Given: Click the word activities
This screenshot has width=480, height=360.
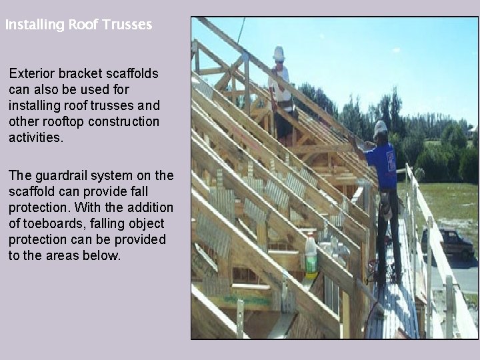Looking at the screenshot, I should [35, 137].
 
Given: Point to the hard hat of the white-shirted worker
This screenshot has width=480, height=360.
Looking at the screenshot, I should [279, 53].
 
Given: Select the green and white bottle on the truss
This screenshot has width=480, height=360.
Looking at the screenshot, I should [311, 257].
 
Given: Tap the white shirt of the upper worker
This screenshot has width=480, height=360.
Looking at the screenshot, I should [281, 83].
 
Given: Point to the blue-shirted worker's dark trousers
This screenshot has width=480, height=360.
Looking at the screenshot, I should [387, 227].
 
